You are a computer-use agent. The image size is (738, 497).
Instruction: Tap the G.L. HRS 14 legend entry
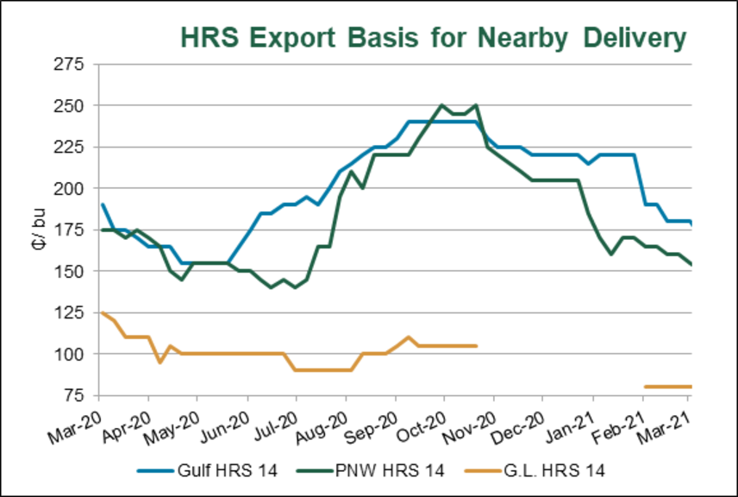[535, 470]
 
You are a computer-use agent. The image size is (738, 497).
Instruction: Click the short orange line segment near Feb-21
[667, 387]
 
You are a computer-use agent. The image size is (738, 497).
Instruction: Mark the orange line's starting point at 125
[102, 312]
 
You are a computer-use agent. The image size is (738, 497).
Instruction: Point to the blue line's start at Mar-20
[102, 204]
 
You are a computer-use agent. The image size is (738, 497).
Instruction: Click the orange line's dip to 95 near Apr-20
[160, 362]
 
